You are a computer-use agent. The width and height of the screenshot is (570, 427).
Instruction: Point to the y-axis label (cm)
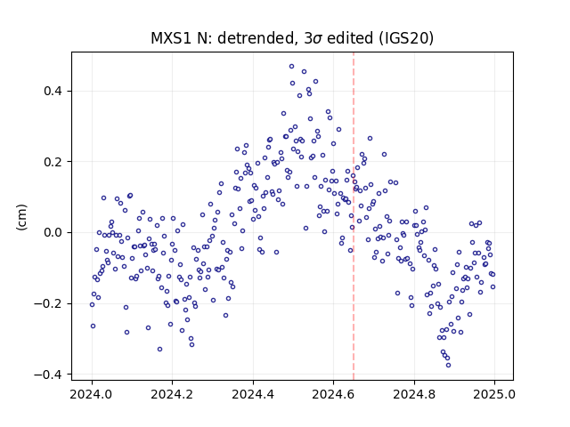pyautogui.click(x=21, y=217)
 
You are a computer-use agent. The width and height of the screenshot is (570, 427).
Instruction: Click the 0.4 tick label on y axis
pyautogui.click(x=53, y=91)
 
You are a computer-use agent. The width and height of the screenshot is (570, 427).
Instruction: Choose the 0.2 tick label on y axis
pyautogui.click(x=53, y=162)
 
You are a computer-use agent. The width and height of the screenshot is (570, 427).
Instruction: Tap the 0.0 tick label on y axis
pyautogui.click(x=53, y=232)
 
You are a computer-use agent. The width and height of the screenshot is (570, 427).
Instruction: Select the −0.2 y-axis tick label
pyautogui.click(x=48, y=303)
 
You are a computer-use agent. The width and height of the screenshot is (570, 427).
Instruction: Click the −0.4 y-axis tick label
pyautogui.click(x=48, y=375)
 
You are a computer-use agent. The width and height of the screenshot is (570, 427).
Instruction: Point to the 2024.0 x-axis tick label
pyautogui.click(x=92, y=394)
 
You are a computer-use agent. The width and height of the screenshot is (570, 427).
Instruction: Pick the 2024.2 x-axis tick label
pyautogui.click(x=172, y=394)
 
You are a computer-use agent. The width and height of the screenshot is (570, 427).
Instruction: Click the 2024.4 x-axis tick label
pyautogui.click(x=253, y=394)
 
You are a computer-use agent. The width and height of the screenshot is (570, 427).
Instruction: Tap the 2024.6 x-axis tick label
pyautogui.click(x=333, y=394)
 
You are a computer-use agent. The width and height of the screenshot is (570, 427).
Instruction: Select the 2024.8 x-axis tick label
pyautogui.click(x=413, y=394)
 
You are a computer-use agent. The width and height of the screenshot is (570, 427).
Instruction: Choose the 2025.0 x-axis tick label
pyautogui.click(x=494, y=394)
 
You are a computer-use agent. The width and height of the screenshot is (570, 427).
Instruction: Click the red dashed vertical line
pyautogui.click(x=354, y=216)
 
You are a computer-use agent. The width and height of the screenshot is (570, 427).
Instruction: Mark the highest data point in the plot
pyautogui.click(x=291, y=67)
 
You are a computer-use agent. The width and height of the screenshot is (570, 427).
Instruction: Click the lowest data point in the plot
pyautogui.click(x=448, y=365)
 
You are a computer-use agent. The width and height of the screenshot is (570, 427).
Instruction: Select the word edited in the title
pyautogui.click(x=350, y=38)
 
